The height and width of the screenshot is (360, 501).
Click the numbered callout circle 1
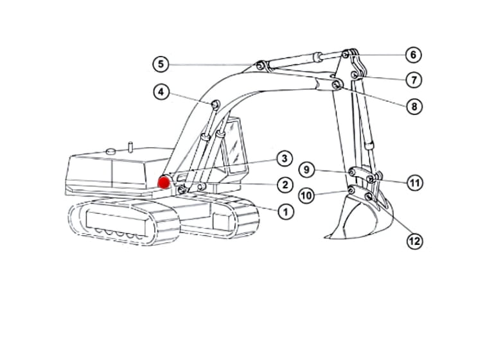[286, 212]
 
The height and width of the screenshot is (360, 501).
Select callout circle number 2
[285, 184]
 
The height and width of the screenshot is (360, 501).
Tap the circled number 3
[285, 159]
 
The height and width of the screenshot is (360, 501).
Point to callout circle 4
[161, 92]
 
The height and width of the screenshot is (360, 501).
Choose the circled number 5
[161, 64]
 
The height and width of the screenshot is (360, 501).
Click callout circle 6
[414, 55]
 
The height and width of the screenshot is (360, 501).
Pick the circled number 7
[414, 80]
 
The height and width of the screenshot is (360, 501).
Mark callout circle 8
[414, 106]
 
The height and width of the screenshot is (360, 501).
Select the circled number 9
[307, 170]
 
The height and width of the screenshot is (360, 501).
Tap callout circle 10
[307, 195]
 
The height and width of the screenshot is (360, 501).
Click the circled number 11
[415, 183]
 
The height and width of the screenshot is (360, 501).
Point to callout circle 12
[415, 241]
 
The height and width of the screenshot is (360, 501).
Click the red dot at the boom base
[164, 183]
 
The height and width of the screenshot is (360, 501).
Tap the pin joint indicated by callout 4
[215, 104]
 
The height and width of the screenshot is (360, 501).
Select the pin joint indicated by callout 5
[260, 66]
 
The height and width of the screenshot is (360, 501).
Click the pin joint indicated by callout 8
[336, 85]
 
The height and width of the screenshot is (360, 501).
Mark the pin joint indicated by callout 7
[354, 75]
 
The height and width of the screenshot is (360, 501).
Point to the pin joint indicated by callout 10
[351, 190]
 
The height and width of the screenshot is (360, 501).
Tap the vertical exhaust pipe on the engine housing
[130, 147]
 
